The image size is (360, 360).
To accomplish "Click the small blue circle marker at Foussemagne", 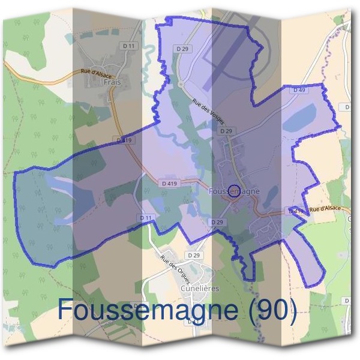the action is pyautogui.click(x=235, y=191).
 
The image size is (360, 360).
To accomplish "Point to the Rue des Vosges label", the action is pyautogui.click(x=208, y=111).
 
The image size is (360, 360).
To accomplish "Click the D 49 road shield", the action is pyautogui.click(x=299, y=89).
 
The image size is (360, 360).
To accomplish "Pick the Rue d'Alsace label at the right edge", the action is pyautogui.click(x=325, y=208).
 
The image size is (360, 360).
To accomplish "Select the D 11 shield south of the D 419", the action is pyautogui.click(x=145, y=217).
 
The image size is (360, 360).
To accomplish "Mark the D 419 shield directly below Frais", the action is pyautogui.click(x=125, y=140).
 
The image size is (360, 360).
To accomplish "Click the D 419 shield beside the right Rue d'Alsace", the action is pyautogui.click(x=295, y=211).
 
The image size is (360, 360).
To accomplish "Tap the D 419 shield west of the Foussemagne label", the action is pyautogui.click(x=169, y=182).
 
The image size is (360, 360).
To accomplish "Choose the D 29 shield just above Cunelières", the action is pyautogui.click(x=193, y=255).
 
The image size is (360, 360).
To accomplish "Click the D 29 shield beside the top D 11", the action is pyautogui.click(x=183, y=47).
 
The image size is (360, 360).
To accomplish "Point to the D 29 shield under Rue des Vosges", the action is pyautogui.click(x=226, y=130).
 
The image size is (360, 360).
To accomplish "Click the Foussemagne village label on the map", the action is pyautogui.click(x=235, y=191).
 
